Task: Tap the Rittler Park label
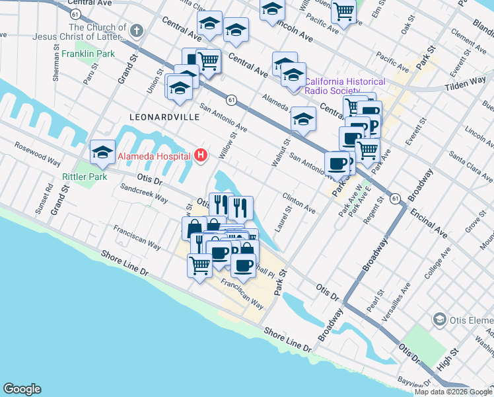85,177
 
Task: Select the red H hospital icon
201,156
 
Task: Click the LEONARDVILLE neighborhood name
164,116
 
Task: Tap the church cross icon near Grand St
136,30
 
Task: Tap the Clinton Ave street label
299,202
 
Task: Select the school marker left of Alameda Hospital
102,152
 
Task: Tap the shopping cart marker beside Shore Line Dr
199,265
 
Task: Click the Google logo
22,389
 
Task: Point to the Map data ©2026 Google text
453,392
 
